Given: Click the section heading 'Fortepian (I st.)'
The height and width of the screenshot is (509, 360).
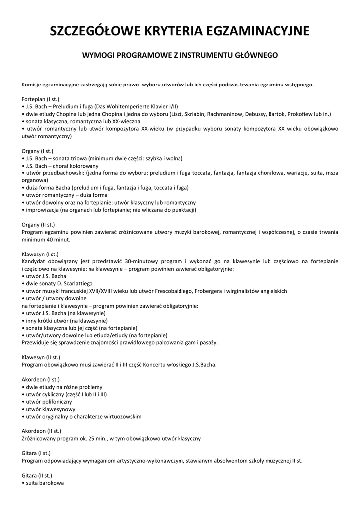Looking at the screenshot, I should point(40,99).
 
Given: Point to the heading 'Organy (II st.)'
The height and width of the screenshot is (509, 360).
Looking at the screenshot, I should point(38,225).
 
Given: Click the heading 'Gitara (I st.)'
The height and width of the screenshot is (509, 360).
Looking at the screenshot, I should point(36,453).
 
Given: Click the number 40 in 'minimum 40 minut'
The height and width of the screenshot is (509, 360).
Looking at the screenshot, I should point(48,239).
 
